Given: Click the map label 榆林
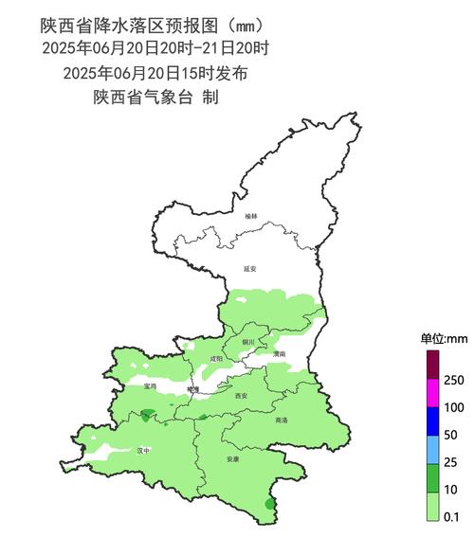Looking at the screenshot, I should (x=250, y=217).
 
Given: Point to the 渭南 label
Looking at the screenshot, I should (x=279, y=353).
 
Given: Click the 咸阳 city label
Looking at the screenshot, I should (x=216, y=359).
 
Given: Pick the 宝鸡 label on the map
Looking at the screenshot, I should (x=151, y=386).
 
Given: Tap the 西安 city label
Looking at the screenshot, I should (x=241, y=395).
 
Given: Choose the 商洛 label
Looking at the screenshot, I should (x=282, y=420).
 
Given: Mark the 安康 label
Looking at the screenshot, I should (x=233, y=459).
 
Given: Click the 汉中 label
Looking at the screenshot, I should (x=143, y=451).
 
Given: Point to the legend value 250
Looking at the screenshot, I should (x=453, y=380).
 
